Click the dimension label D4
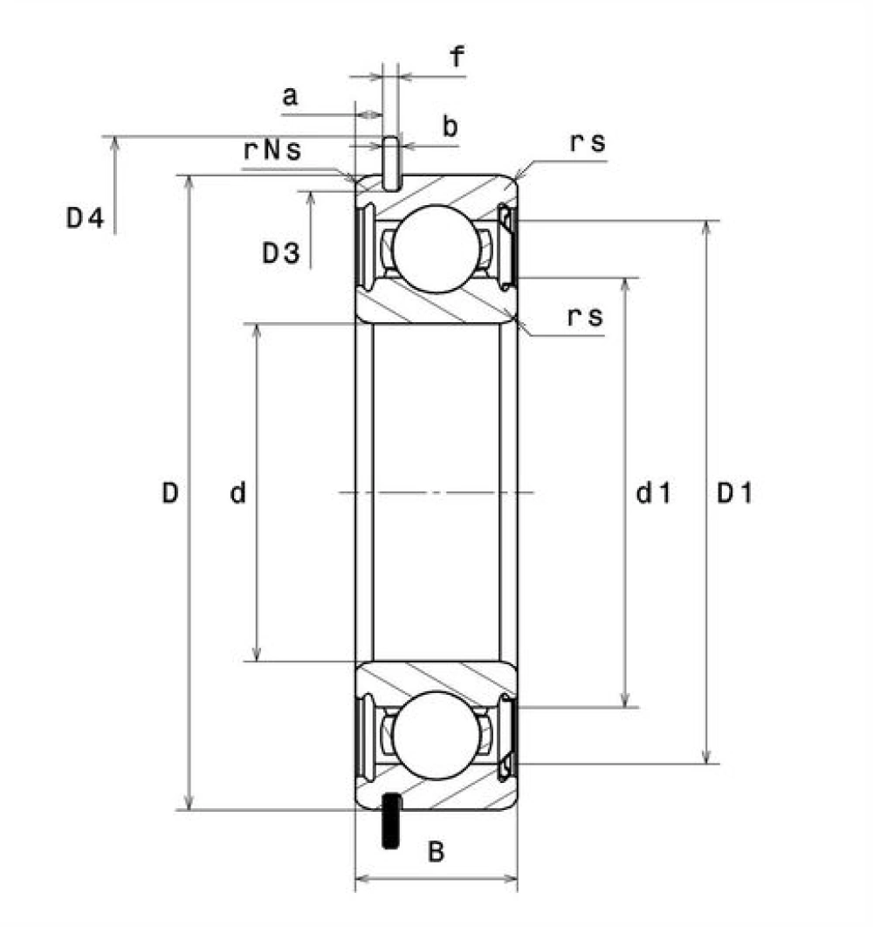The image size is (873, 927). [x=86, y=218]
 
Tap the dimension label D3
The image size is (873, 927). [x=281, y=254]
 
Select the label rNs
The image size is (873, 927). [x=272, y=150]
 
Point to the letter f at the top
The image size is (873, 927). [x=457, y=57]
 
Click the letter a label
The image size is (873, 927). [x=290, y=96]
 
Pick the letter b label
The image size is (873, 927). [x=450, y=126]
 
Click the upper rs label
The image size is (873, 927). [x=588, y=143]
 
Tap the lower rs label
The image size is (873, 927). [x=586, y=317]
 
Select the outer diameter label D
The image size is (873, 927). [x=170, y=492]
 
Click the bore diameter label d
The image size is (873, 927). [x=237, y=492]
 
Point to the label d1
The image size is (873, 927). [x=654, y=492]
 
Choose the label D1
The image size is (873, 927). [x=734, y=492]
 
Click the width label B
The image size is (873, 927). [x=436, y=852]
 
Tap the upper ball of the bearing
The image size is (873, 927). [x=436, y=249]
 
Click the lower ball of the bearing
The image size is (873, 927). [x=436, y=736]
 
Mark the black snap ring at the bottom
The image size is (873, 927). [x=391, y=821]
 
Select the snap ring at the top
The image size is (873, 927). [x=391, y=164]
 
